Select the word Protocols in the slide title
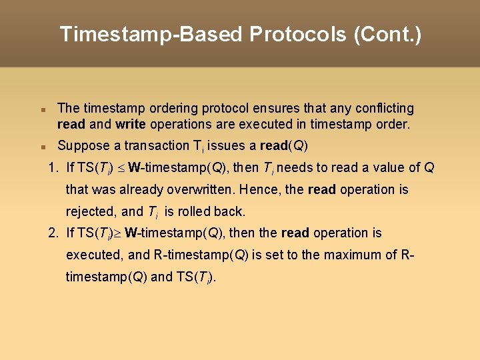[299, 34]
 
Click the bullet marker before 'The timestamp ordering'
[41, 109]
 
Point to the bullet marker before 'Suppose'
[41, 146]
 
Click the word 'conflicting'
[383, 108]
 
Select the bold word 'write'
[130, 125]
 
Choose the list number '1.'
[54, 168]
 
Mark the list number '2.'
[54, 233]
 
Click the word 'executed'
[93, 255]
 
